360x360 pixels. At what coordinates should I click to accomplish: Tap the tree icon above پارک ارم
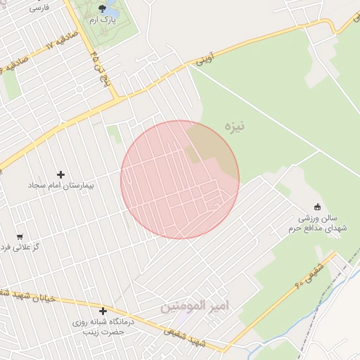tap(103, 8)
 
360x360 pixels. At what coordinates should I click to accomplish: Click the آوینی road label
tap(203, 60)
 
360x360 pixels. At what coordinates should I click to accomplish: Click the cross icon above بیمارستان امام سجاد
tap(60, 174)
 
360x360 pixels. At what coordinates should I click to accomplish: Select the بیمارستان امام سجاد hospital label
tap(60, 186)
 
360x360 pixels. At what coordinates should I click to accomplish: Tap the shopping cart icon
tap(19, 237)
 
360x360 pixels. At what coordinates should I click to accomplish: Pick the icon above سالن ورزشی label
tap(317, 207)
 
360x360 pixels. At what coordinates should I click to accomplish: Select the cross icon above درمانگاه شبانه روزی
tap(103, 311)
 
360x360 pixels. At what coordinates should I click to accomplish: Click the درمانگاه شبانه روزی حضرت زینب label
tap(103, 326)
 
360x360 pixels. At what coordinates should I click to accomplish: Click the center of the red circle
tap(180, 179)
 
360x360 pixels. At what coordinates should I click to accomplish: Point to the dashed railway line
tap(309, 330)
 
